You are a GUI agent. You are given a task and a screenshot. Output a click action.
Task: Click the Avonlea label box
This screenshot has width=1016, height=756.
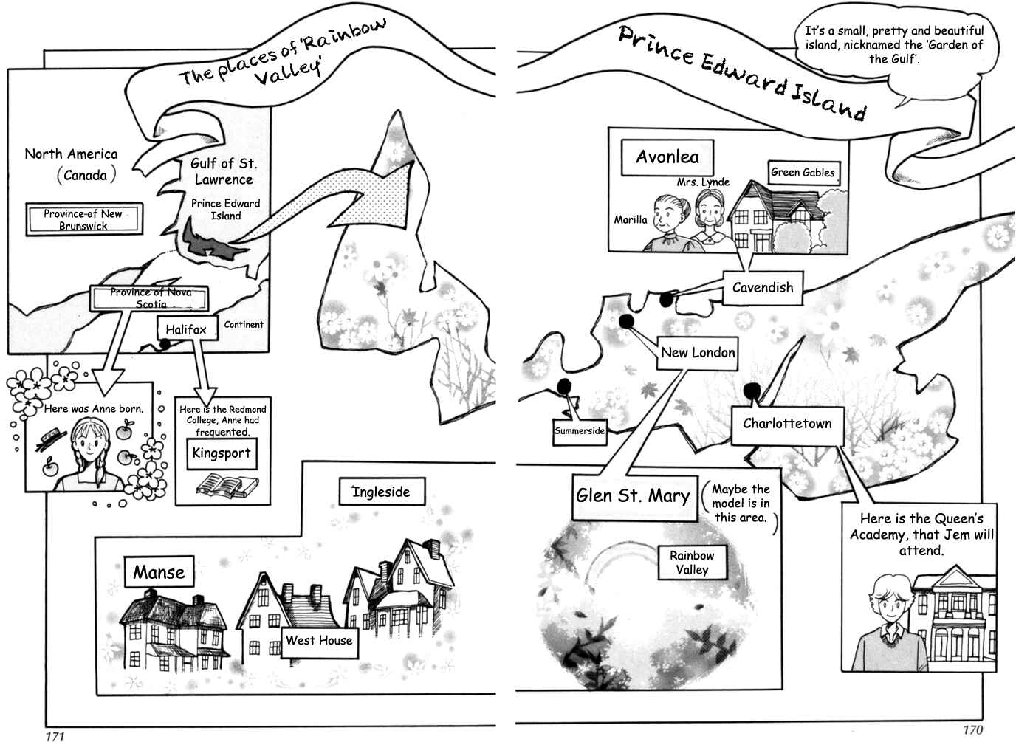pyautogui.click(x=667, y=157)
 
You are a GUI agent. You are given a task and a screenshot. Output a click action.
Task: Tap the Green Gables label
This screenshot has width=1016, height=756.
pyautogui.click(x=804, y=172)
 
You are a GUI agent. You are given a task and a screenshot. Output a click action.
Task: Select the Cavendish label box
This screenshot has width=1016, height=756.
pyautogui.click(x=763, y=288)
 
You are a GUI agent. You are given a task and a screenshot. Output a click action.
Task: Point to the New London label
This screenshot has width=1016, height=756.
pyautogui.click(x=697, y=353)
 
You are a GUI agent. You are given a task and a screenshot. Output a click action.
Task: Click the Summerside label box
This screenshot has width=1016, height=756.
pyautogui.click(x=580, y=432)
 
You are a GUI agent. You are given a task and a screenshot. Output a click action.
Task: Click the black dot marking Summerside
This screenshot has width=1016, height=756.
pyautogui.click(x=564, y=386)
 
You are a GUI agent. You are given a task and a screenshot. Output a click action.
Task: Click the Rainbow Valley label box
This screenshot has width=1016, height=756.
pyautogui.click(x=692, y=562)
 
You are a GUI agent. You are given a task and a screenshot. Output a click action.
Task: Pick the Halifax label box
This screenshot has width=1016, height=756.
pyautogui.click(x=187, y=329)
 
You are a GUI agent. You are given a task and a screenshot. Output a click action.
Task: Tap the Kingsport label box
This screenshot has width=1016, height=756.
pyautogui.click(x=222, y=453)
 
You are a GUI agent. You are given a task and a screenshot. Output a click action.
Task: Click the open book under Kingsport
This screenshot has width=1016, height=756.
pyautogui.click(x=227, y=486)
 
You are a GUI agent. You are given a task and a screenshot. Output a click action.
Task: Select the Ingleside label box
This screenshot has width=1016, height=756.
pyautogui.click(x=382, y=492)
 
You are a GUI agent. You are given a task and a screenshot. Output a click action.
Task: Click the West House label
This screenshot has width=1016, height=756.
pyautogui.click(x=319, y=641)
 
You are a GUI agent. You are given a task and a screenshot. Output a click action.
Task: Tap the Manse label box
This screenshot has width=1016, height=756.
pyautogui.click(x=159, y=572)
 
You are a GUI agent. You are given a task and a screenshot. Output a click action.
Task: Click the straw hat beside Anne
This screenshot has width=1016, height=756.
pyautogui.click(x=52, y=439)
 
